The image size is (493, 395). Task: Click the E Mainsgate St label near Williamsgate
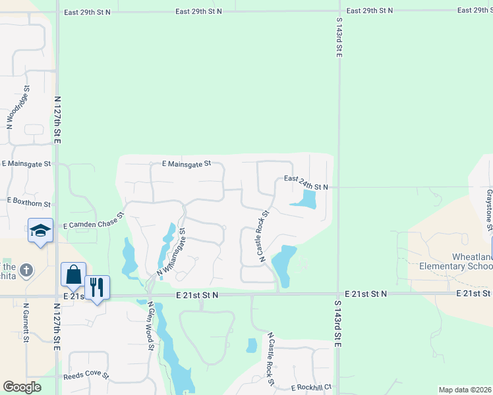187,163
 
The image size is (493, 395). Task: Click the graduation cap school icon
40,231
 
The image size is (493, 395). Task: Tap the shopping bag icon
73,275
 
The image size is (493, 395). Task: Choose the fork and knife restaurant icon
98,287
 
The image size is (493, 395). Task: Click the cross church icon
26,270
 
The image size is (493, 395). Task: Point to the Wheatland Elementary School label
462,261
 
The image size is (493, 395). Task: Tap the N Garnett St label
26,323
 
